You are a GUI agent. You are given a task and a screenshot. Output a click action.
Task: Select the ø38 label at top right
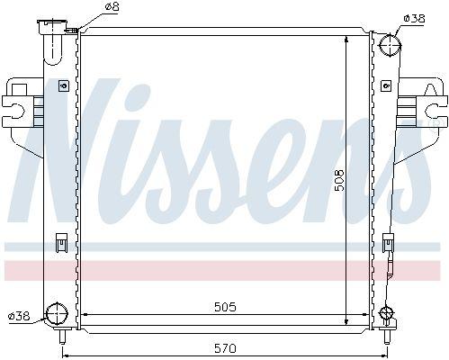point(414,17)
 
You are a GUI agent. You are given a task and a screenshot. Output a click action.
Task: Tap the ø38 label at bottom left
point(19,315)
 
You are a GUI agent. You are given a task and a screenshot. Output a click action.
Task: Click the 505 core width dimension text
point(225,307)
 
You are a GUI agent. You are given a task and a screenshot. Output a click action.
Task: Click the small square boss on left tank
point(62,86)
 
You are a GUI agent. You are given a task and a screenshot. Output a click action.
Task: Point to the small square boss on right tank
point(386,86)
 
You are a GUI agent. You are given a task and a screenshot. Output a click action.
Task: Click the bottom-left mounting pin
point(60,339)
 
